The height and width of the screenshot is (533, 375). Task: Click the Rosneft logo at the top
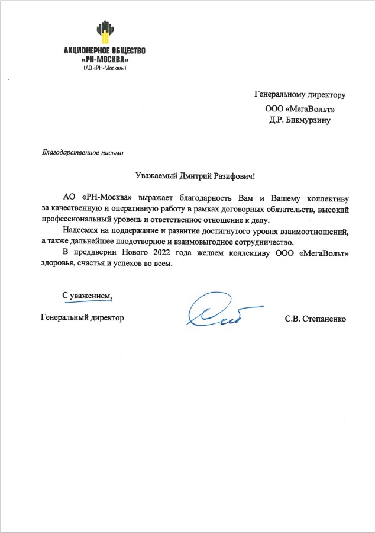pyautogui.click(x=105, y=33)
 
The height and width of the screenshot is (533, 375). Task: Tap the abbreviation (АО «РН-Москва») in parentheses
pyautogui.click(x=104, y=68)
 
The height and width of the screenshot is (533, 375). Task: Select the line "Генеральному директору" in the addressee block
pyautogui.click(x=299, y=94)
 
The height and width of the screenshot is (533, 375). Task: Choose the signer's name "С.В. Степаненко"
pyautogui.click(x=315, y=319)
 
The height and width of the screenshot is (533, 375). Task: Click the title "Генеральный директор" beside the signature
pyautogui.click(x=83, y=318)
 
